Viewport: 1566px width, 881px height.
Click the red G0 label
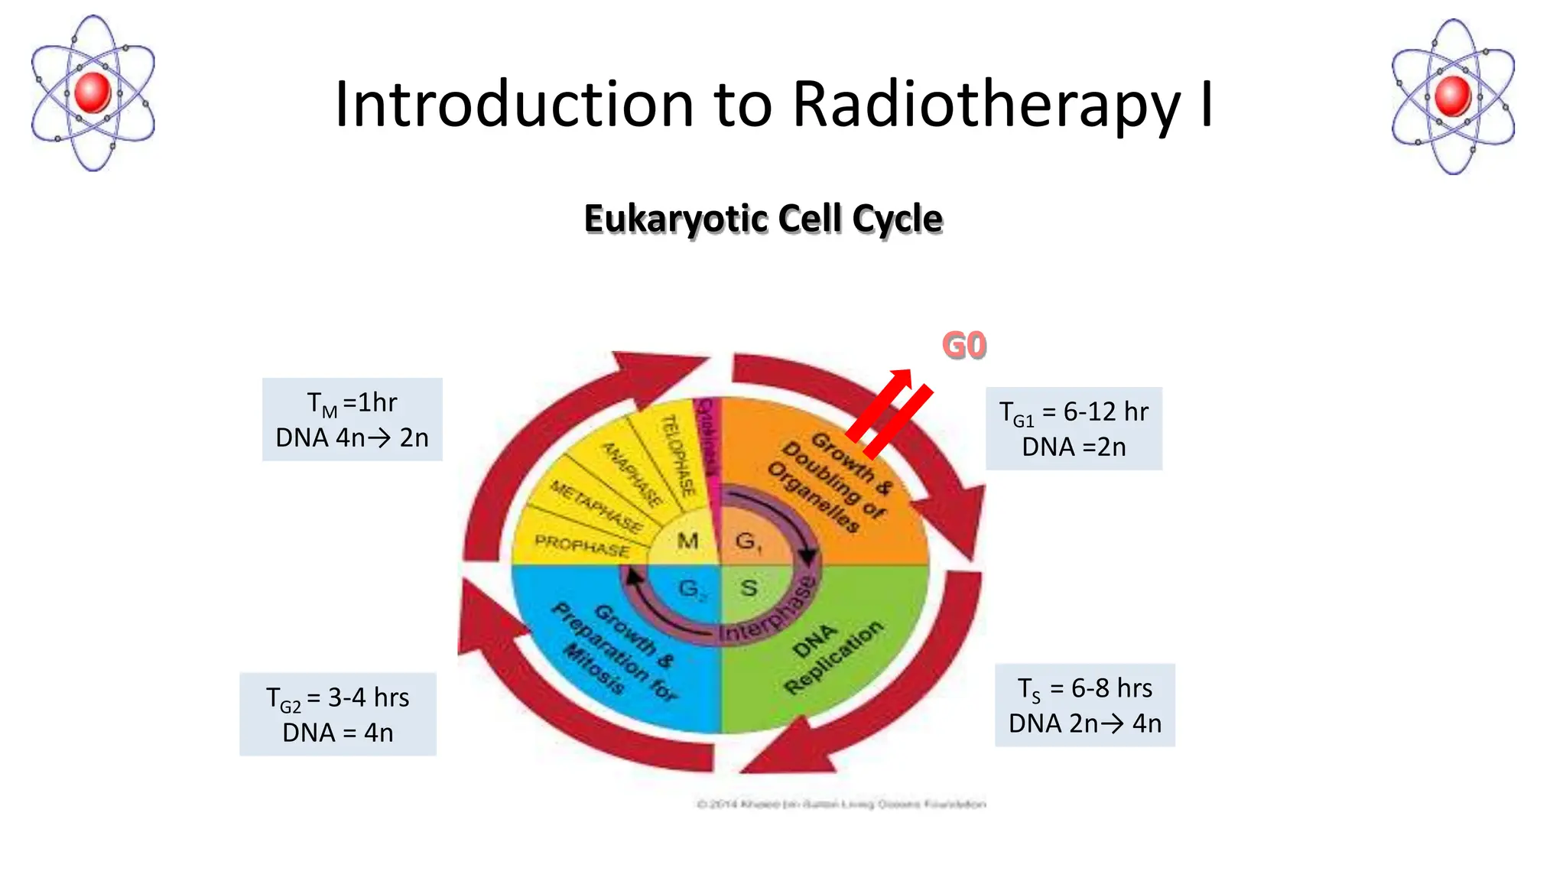(x=964, y=346)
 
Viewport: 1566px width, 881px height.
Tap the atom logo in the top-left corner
(x=93, y=93)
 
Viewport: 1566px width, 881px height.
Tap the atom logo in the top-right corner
(x=1453, y=97)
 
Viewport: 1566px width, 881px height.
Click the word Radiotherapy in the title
(x=986, y=105)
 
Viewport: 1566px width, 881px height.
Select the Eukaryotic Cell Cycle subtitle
(x=763, y=219)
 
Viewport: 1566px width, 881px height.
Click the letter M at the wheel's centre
(x=687, y=541)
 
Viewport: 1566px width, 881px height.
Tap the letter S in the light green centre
(x=749, y=587)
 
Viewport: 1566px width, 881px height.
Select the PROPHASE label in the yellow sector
(x=582, y=546)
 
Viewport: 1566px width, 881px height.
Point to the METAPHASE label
(x=596, y=506)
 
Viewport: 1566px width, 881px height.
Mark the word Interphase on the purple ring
(x=768, y=612)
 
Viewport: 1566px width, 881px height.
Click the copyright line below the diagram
(x=841, y=804)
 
